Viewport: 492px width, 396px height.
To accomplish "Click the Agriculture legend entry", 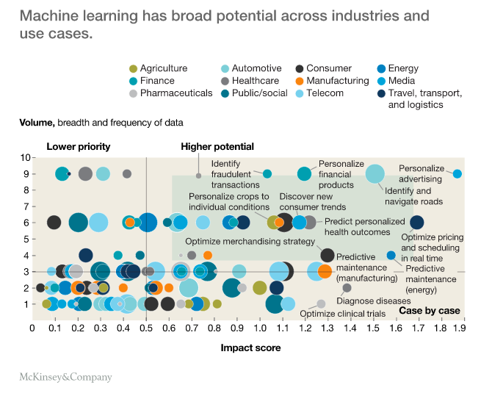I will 157,68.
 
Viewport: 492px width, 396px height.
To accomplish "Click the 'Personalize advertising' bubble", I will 457,174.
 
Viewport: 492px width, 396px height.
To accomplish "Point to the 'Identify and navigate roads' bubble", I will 375,174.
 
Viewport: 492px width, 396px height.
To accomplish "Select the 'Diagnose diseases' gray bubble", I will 347,288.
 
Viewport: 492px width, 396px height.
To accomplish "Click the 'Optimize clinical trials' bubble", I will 321,303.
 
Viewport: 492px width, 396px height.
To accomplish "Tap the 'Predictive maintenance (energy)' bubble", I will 391,255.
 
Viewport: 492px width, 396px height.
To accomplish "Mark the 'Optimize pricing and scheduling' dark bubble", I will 416,222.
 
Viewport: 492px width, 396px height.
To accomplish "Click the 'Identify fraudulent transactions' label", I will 231,174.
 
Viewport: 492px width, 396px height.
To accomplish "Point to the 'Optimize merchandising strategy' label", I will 250,241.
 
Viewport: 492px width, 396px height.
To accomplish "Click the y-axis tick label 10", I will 24,157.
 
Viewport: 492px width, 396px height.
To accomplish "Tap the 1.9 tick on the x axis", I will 461,328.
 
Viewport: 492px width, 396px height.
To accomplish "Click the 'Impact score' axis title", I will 250,348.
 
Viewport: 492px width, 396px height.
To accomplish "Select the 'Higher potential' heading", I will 217,146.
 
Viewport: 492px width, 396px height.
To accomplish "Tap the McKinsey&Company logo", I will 65,377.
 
